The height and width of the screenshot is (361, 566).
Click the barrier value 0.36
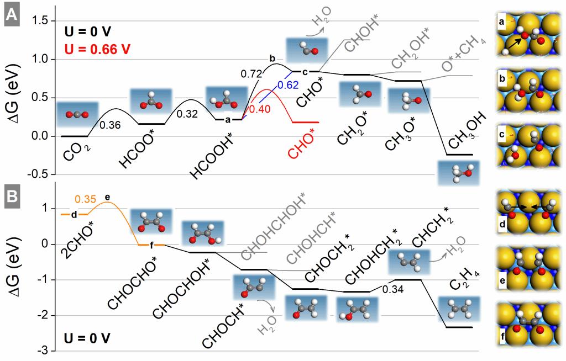pos(110,125)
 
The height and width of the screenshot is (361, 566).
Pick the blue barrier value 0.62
pos(287,84)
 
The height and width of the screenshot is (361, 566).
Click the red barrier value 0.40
pos(259,109)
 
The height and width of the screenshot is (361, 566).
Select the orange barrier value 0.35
pos(86,198)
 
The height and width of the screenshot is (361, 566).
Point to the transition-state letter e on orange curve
pos(107,197)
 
